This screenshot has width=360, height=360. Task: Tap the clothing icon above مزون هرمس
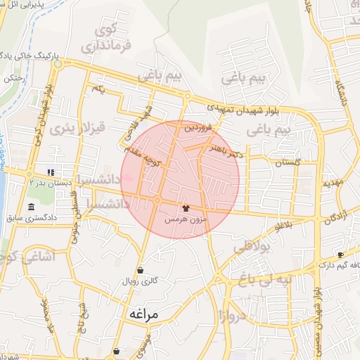tap(186, 208)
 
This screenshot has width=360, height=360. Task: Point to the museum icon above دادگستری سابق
tap(32, 207)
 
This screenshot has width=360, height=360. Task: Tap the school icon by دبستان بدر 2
tap(50, 172)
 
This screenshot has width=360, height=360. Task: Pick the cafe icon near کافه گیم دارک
tap(341, 255)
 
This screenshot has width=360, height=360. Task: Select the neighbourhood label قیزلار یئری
tap(72, 128)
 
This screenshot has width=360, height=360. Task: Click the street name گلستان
tap(287, 162)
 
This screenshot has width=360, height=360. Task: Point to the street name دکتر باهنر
tap(225, 149)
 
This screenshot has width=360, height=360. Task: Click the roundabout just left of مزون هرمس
tap(157, 201)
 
